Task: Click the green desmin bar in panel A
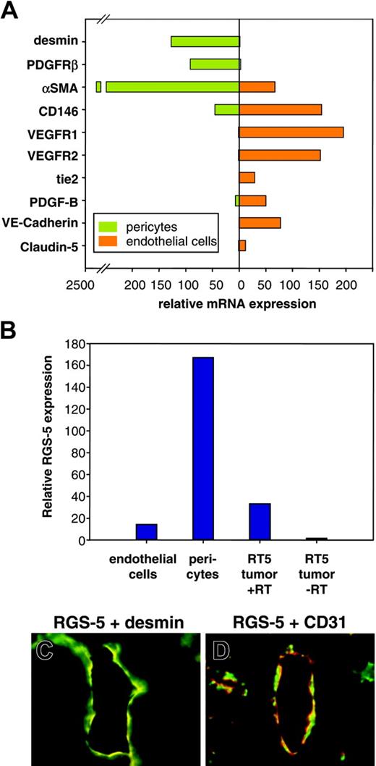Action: tap(205, 41)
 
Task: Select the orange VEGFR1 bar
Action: tap(291, 132)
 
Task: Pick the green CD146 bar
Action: tap(226, 109)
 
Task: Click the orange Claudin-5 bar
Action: tap(242, 245)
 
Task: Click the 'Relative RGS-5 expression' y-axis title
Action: tap(49, 427)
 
